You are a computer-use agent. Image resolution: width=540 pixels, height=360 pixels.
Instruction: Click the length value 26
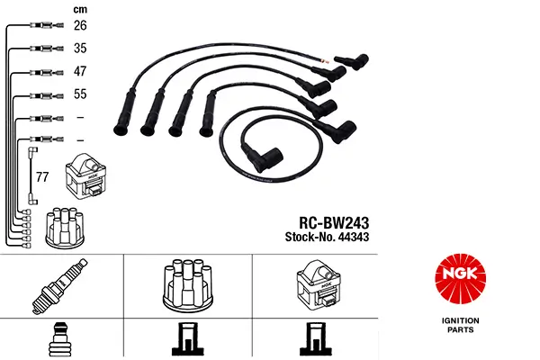pyautogui.click(x=81, y=25)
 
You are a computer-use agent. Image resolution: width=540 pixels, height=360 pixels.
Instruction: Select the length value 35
pyautogui.click(x=81, y=49)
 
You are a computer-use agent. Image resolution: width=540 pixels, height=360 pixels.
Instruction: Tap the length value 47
pyautogui.click(x=81, y=72)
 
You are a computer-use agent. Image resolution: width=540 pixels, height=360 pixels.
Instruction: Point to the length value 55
pyautogui.click(x=81, y=94)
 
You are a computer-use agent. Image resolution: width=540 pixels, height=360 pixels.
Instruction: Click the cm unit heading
pyautogui.click(x=81, y=8)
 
